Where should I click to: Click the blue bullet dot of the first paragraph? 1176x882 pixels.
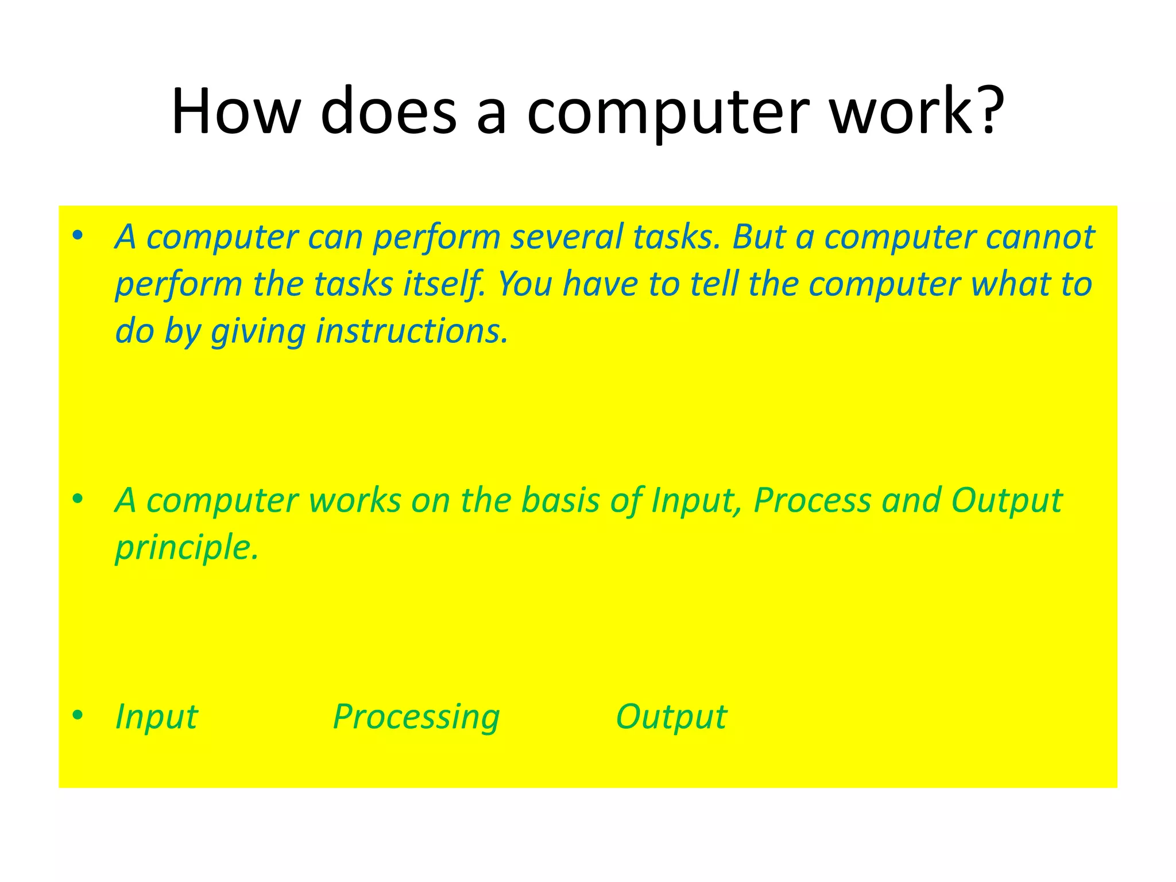pos(78,235)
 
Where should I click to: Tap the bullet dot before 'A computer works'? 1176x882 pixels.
pos(78,498)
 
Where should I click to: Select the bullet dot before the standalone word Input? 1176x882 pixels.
pos(78,715)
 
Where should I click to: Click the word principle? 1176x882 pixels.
pos(187,548)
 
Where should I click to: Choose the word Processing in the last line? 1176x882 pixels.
pos(416,717)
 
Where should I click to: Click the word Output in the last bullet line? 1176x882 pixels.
pos(671,717)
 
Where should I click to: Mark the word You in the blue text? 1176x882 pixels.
pos(525,284)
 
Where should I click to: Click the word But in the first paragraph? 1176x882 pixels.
pos(759,237)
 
